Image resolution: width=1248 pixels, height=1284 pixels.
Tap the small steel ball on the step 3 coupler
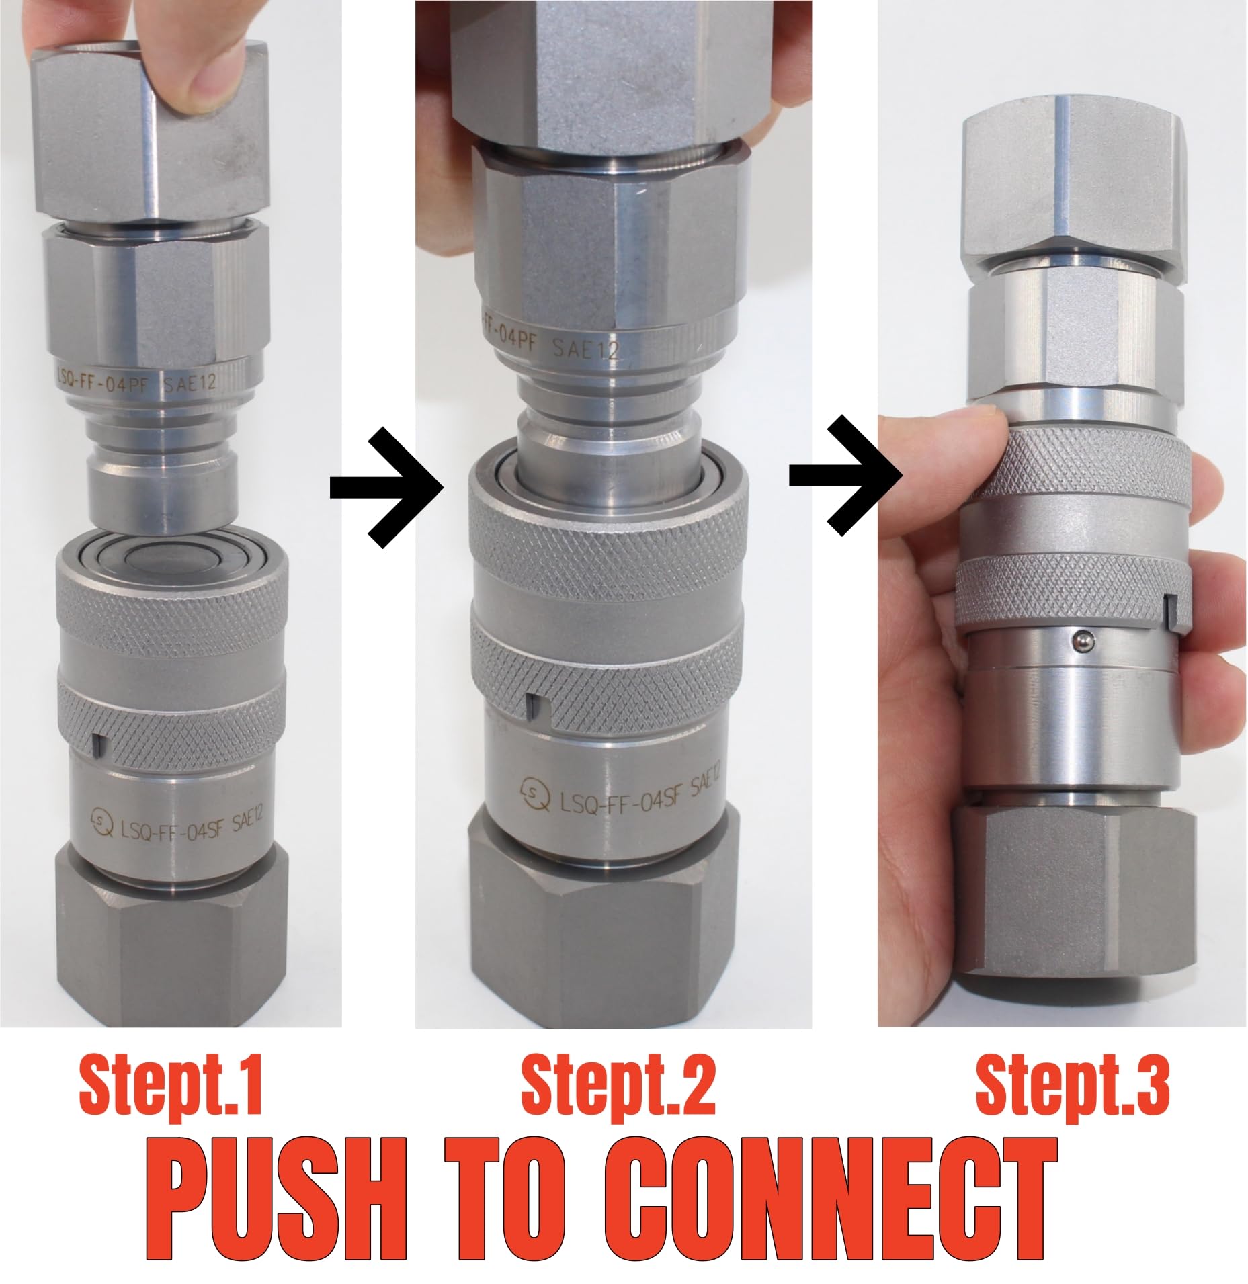coord(1081,642)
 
